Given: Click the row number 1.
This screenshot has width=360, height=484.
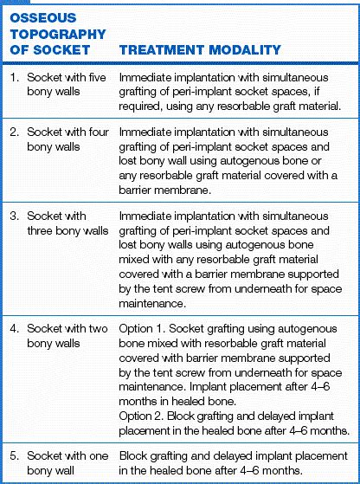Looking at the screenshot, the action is point(14,78).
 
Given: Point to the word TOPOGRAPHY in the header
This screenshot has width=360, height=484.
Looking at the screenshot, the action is point(56,34).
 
